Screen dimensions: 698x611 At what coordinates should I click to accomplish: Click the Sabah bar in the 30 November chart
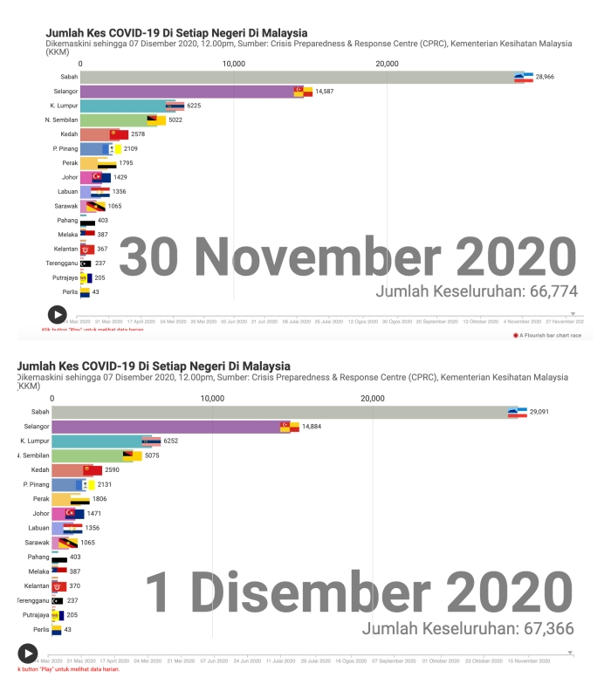(x=297, y=77)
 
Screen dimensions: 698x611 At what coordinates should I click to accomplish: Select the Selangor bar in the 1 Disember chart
(x=166, y=427)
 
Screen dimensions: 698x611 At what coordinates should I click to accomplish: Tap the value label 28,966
(x=546, y=77)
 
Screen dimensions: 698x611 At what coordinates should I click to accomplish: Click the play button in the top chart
(x=56, y=314)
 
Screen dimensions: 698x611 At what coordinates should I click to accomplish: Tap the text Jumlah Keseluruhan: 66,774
(x=475, y=291)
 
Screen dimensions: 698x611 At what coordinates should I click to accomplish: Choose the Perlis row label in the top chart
(x=68, y=291)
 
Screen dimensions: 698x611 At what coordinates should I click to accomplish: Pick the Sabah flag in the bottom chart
(x=518, y=412)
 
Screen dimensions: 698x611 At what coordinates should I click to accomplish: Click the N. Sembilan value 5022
(x=177, y=120)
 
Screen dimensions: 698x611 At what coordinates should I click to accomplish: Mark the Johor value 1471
(x=95, y=513)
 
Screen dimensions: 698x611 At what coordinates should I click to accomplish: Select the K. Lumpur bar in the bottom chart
(x=100, y=441)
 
